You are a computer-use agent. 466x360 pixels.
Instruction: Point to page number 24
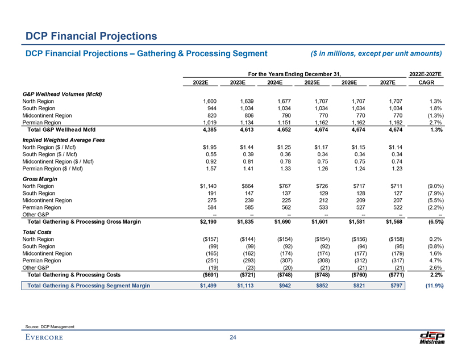click(232, 338)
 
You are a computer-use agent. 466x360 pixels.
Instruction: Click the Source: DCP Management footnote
click(50, 325)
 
